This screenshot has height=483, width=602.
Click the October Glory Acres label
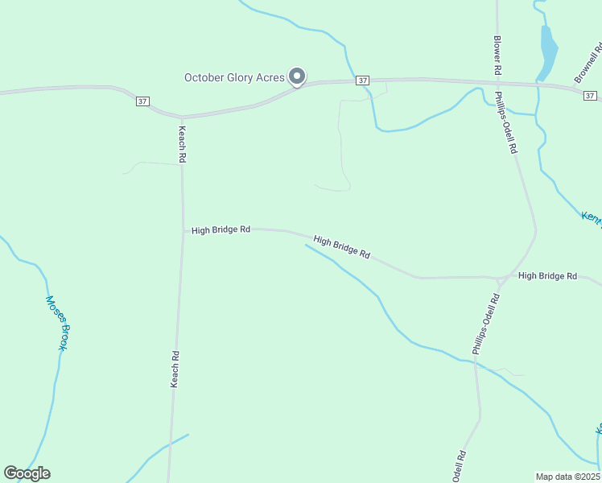click(x=233, y=78)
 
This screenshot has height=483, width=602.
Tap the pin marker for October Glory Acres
click(x=297, y=76)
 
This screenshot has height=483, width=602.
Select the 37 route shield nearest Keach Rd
click(x=142, y=101)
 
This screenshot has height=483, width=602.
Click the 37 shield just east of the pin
click(x=363, y=80)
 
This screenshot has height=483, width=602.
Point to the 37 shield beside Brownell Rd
click(x=592, y=95)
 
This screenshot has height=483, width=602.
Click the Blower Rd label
click(x=498, y=56)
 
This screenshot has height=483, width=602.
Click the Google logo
click(x=27, y=473)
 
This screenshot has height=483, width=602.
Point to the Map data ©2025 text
click(x=567, y=476)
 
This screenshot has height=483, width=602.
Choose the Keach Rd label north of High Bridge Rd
click(x=183, y=145)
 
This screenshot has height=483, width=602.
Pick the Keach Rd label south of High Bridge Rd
click(x=174, y=369)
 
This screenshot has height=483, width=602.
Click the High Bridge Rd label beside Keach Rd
click(x=221, y=230)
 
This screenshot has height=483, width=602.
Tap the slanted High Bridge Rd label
click(x=341, y=247)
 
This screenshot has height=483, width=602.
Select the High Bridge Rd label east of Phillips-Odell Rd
click(x=547, y=276)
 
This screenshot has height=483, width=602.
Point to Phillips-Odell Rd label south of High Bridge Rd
click(x=486, y=324)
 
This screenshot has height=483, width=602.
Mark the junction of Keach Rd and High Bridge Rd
click(x=182, y=229)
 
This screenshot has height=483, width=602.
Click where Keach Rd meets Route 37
click(x=183, y=118)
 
